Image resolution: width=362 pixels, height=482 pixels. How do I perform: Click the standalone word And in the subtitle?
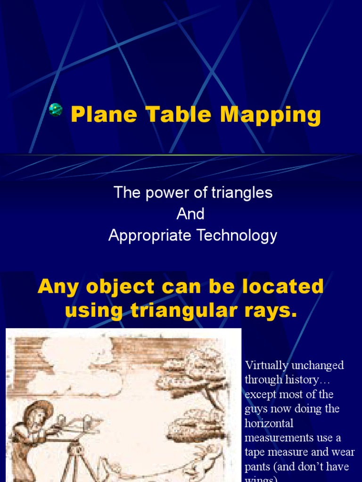190,214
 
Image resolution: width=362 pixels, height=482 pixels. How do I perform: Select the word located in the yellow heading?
289,287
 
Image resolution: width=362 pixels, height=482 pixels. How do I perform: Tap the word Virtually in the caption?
263,366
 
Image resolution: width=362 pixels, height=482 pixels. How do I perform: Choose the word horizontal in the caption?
269,424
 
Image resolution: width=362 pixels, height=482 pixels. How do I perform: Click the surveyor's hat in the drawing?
40,409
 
